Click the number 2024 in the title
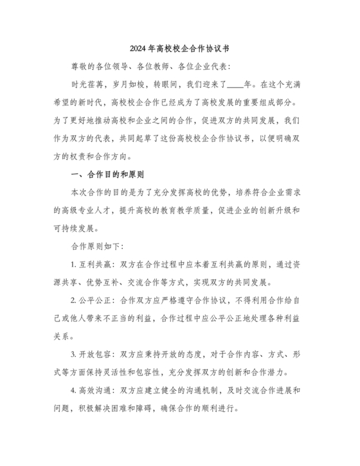pyautogui.click(x=139, y=48)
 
